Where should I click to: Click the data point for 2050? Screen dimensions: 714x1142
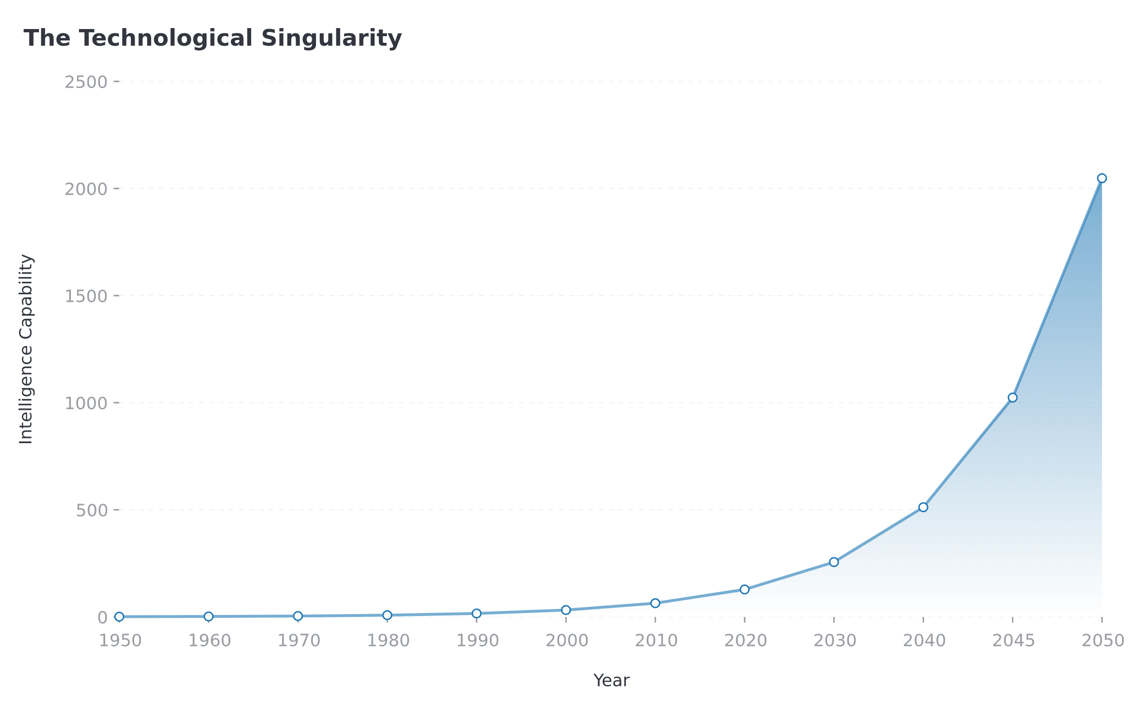(1102, 178)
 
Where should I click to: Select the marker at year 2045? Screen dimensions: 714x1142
(1013, 397)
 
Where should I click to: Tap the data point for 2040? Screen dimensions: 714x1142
(923, 507)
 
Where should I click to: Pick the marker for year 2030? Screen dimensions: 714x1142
(834, 562)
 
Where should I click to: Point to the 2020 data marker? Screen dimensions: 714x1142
(745, 589)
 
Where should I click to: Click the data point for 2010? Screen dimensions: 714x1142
(655, 603)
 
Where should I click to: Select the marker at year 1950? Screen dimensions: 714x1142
(119, 616)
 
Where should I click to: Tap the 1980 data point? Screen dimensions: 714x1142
(387, 615)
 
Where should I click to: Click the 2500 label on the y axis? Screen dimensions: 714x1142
(86, 82)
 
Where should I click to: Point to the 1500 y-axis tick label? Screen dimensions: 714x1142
(86, 296)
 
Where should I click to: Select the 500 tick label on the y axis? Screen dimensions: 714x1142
(92, 510)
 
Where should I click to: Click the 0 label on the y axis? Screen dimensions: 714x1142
(102, 617)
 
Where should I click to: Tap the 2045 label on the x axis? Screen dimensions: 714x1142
(1013, 641)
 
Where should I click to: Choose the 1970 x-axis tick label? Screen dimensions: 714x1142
(299, 641)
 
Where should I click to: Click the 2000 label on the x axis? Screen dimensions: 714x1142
(567, 641)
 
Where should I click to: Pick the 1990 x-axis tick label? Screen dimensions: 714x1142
(477, 641)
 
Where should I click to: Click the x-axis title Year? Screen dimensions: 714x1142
(611, 680)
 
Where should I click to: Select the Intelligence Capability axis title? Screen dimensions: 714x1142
(26, 349)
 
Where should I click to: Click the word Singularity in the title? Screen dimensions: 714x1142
(331, 38)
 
